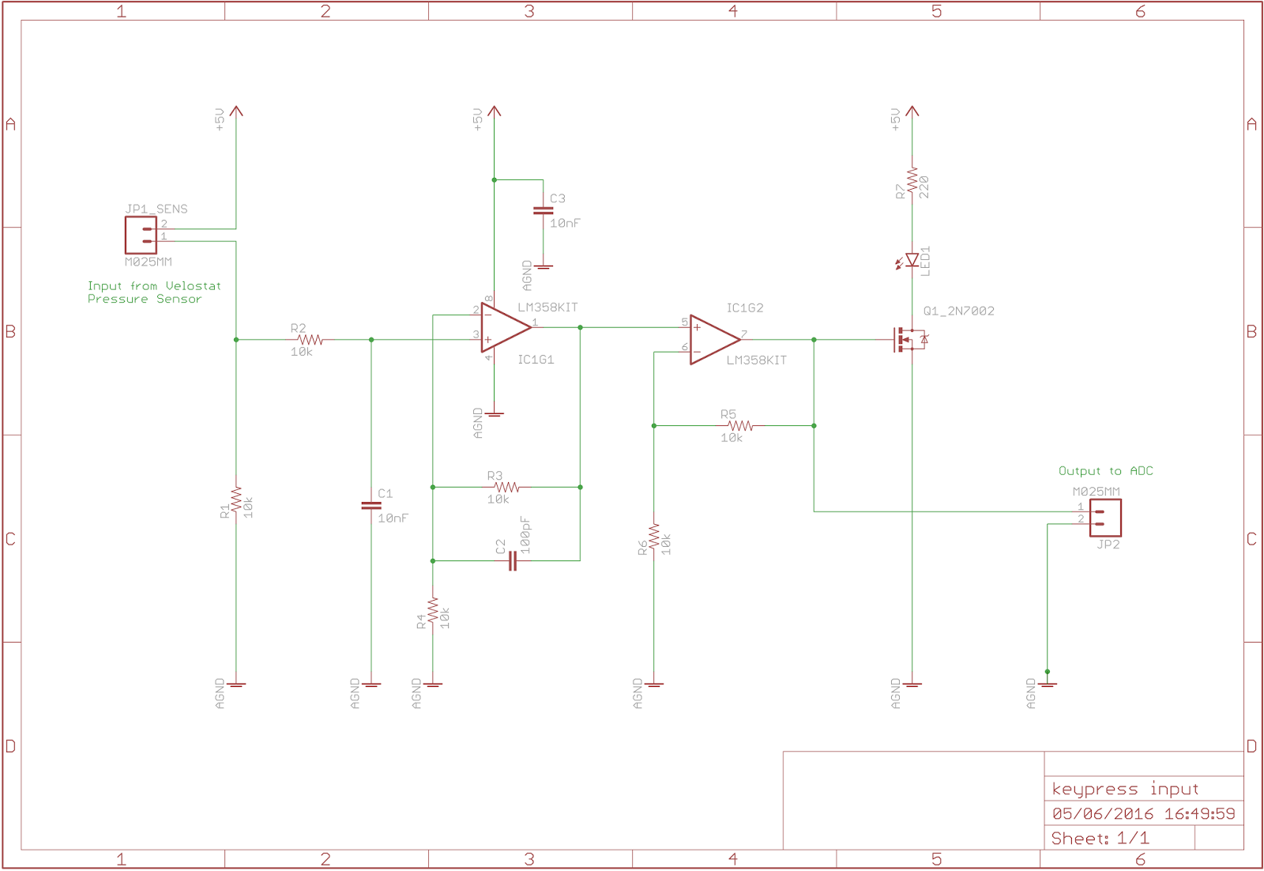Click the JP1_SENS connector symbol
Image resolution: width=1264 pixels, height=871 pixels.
point(141,235)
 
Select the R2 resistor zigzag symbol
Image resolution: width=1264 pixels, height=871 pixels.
point(310,340)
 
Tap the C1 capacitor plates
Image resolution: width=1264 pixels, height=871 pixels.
point(371,505)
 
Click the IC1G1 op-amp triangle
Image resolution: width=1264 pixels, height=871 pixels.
point(503,327)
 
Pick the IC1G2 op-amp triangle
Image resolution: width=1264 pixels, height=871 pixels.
point(713,340)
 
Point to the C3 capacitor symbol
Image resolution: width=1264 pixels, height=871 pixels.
point(543,211)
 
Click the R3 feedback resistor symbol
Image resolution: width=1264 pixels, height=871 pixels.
point(506,487)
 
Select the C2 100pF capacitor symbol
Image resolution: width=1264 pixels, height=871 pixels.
point(513,561)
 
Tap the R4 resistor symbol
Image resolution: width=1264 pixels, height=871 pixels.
point(433,611)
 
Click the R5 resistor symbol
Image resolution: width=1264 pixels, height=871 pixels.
point(740,425)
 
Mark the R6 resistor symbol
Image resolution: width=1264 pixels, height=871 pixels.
point(654,537)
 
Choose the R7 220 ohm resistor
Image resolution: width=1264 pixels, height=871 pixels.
point(912,181)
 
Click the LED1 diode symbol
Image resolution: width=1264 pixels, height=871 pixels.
point(912,259)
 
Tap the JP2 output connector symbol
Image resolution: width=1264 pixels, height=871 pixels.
point(1105,518)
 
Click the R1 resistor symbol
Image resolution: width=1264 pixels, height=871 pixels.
point(236,501)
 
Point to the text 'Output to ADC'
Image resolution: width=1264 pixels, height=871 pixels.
point(1105,471)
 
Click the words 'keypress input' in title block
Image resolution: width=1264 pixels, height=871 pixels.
point(1125,789)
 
